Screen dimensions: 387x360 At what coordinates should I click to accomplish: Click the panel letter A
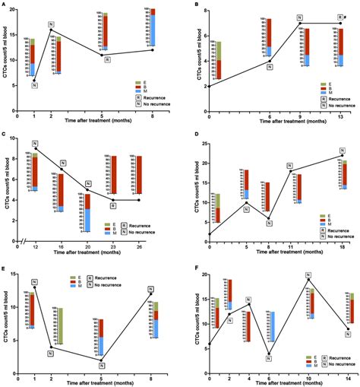coord(5,5)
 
